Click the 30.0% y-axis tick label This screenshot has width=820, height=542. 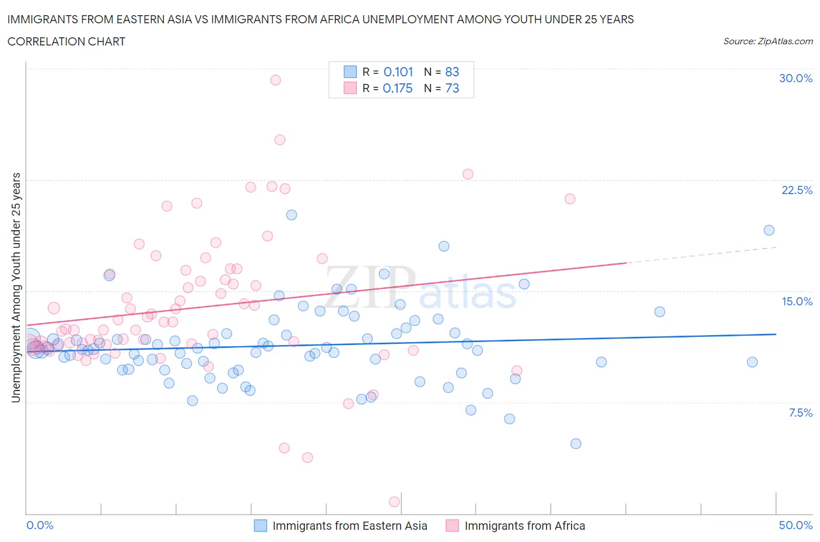click(x=796, y=78)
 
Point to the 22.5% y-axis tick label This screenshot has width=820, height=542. click(x=797, y=190)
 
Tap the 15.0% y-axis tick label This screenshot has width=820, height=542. click(x=797, y=301)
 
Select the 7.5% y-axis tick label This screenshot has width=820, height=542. click(x=800, y=413)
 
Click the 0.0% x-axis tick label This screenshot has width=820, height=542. click(x=40, y=525)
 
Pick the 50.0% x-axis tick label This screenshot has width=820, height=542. click(x=796, y=525)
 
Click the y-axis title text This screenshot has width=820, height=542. click(x=16, y=287)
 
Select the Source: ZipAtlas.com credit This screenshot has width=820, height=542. click(x=768, y=41)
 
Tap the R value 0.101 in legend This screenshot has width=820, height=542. click(x=398, y=72)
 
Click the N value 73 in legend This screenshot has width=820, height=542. click(x=452, y=88)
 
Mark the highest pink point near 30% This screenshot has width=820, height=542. click(x=275, y=80)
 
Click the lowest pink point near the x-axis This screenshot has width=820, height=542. click(x=394, y=502)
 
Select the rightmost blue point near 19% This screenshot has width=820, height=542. click(x=769, y=230)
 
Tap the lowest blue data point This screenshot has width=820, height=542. click(x=576, y=444)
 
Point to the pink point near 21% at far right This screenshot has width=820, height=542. click(x=570, y=199)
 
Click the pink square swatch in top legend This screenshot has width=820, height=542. click(x=350, y=88)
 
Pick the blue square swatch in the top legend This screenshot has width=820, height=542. click(x=350, y=72)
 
